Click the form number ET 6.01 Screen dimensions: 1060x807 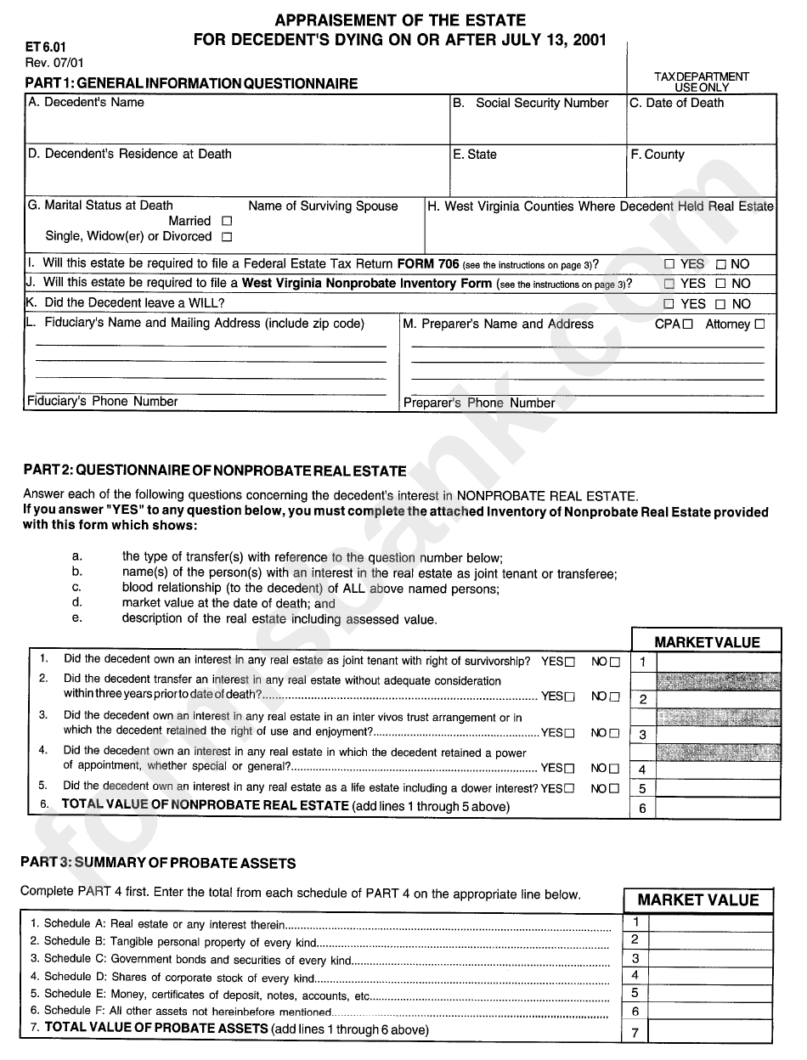point(41,48)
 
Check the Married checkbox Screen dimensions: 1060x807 point(226,222)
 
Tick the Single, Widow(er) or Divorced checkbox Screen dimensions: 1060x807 point(226,238)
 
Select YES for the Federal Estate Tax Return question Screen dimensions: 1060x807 point(669,264)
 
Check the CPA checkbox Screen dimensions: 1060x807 point(687,324)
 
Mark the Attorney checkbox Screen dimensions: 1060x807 point(759,324)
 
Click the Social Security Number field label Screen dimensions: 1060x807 point(541,104)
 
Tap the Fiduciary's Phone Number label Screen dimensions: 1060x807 point(103,402)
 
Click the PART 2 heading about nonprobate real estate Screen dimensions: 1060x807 point(214,471)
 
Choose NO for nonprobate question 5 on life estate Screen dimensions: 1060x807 point(614,789)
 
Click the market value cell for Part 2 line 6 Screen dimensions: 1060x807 point(718,808)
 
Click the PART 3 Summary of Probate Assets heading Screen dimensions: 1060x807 point(158,863)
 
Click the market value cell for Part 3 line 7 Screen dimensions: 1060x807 point(711,1032)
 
